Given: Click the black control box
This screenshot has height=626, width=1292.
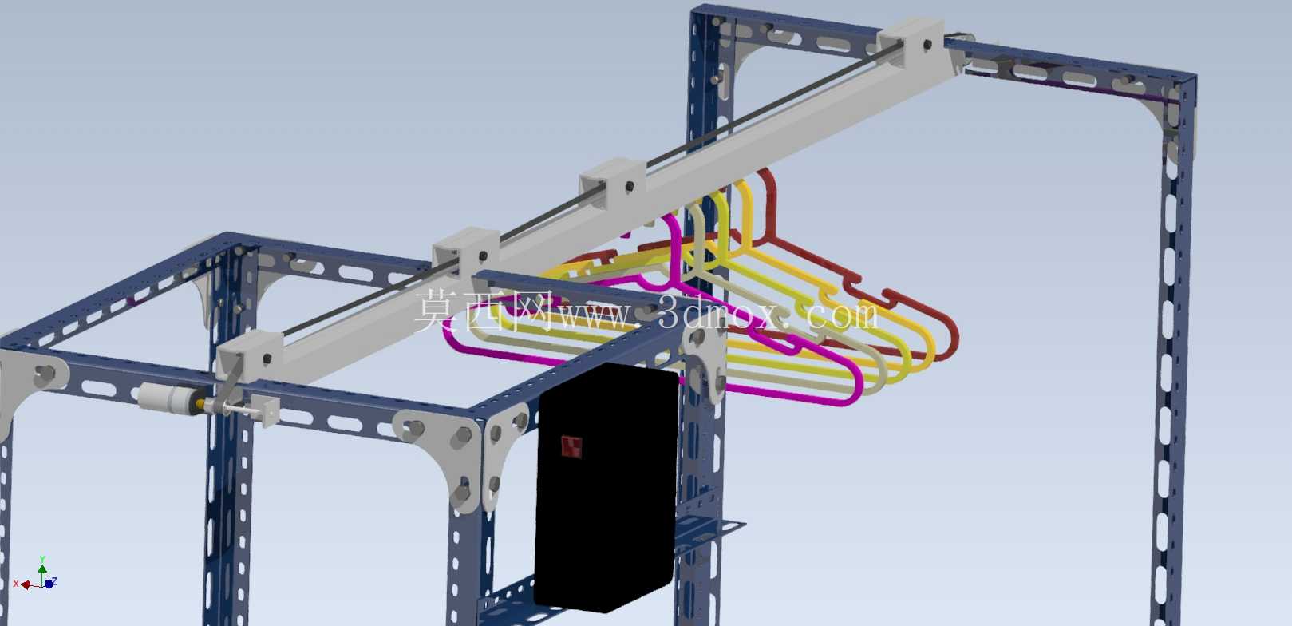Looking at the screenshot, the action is tap(606, 488).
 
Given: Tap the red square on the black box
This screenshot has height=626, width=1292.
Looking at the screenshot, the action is tap(571, 446).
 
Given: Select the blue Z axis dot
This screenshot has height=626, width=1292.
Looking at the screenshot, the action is tap(49, 584).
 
